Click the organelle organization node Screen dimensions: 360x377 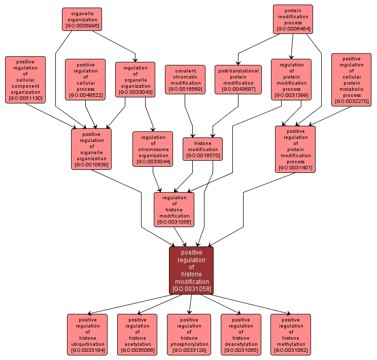pyautogui.click(x=82, y=19)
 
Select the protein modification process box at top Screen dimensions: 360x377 pyautogui.click(x=293, y=19)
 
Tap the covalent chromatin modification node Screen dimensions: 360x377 pyautogui.click(x=185, y=80)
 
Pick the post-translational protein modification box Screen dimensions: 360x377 pyautogui.click(x=238, y=80)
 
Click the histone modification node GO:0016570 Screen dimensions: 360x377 pyautogui.click(x=202, y=149)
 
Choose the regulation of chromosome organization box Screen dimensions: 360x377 pyautogui.click(x=153, y=149)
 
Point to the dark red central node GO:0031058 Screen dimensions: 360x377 pyautogui.click(x=191, y=270)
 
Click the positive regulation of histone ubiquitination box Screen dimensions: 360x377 pyautogui.click(x=87, y=334)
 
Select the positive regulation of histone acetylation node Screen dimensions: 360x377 pyautogui.click(x=137, y=334)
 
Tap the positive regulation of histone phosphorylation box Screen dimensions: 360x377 pyautogui.click(x=189, y=334)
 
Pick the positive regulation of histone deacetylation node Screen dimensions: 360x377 pyautogui.click(x=241, y=334)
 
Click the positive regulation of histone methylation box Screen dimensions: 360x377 pyautogui.click(x=290, y=334)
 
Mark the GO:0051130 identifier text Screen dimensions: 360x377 pyautogui.click(x=25, y=98)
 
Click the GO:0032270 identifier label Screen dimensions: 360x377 pyautogui.click(x=352, y=101)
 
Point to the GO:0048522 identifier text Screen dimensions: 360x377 pyautogui.click(x=85, y=95)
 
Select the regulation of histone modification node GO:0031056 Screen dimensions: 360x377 pyautogui.click(x=174, y=209)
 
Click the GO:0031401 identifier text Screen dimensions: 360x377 pyautogui.click(x=295, y=167)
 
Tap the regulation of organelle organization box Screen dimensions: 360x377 pyautogui.click(x=135, y=79)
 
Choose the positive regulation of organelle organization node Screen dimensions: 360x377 pyautogui.click(x=91, y=149)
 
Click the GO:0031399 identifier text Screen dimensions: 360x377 pyautogui.click(x=291, y=95)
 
